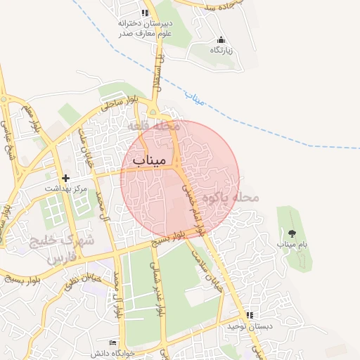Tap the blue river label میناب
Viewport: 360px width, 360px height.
(x=196, y=97)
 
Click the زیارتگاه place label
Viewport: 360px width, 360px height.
(x=221, y=51)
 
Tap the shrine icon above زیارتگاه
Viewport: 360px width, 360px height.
(x=221, y=39)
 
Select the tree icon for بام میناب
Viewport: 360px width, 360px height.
(x=292, y=232)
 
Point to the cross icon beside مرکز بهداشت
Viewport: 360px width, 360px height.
(x=66, y=179)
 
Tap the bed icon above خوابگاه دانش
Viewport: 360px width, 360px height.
(x=113, y=341)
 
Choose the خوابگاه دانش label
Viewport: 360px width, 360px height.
(x=113, y=351)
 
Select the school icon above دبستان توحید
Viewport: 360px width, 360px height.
(x=249, y=315)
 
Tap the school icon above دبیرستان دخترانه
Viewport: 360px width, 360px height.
(x=144, y=13)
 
